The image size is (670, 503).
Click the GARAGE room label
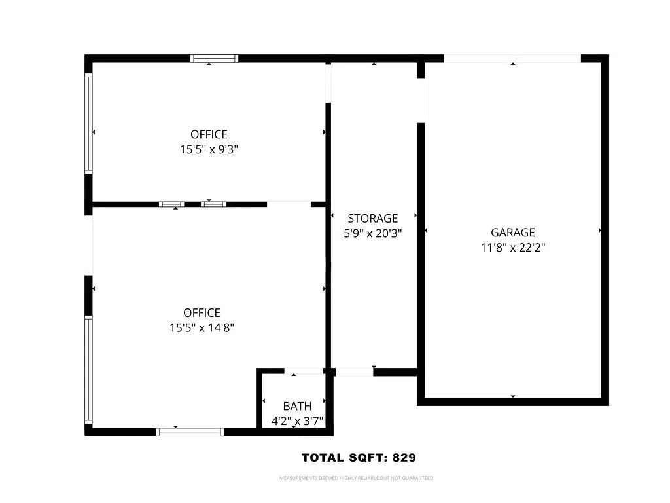pos(512,233)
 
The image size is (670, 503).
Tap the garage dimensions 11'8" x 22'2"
pos(512,248)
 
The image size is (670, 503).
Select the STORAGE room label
pos(372,219)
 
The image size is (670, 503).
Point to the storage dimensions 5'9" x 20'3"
pos(372,233)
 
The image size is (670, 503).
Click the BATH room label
pos(297,407)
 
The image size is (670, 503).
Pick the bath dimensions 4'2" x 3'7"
pos(297,421)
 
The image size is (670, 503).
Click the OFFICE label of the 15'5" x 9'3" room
pos(209,135)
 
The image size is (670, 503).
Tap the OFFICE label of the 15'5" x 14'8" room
pos(202,313)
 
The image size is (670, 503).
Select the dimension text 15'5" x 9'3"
pos(209,149)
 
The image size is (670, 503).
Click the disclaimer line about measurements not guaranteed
pos(357,479)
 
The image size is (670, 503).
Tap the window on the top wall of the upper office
pos(214,58)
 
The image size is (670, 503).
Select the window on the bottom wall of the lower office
pos(190,432)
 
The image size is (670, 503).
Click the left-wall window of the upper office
pos(88,122)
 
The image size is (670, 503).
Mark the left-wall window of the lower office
pos(88,371)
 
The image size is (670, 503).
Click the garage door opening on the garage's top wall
pos(512,58)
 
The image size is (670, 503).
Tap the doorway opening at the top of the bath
pos(304,371)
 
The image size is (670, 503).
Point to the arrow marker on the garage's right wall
pos(600,231)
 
